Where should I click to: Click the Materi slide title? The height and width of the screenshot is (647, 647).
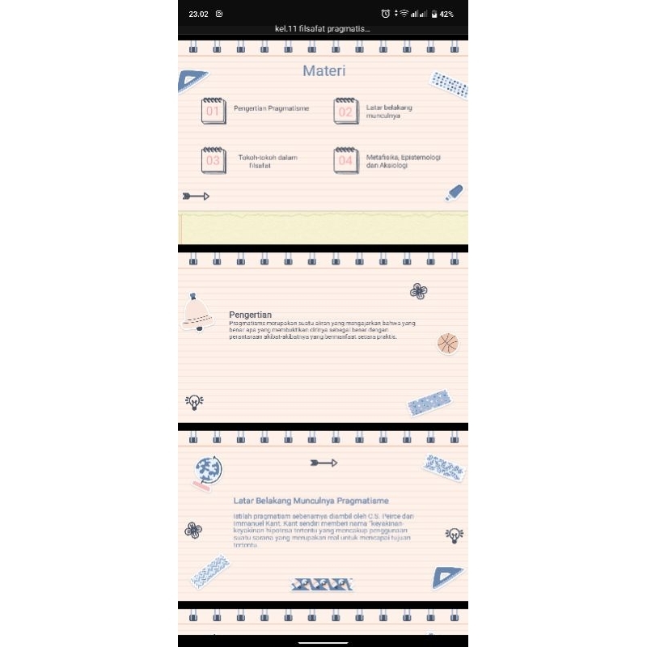pyautogui.click(x=324, y=71)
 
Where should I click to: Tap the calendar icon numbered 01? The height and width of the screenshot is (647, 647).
pyautogui.click(x=213, y=111)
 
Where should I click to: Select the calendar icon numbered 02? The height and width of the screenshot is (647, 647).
pyautogui.click(x=345, y=111)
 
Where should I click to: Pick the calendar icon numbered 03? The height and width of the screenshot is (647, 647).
pyautogui.click(x=213, y=160)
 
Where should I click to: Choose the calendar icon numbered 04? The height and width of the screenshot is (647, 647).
pyautogui.click(x=345, y=160)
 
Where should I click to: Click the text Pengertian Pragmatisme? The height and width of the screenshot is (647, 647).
pyautogui.click(x=271, y=108)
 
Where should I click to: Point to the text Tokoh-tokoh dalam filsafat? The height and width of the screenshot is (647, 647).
pyautogui.click(x=268, y=161)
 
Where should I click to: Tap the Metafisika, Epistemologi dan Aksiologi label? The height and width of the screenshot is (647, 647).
pyautogui.click(x=403, y=161)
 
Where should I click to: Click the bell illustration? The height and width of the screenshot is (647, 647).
pyautogui.click(x=197, y=313)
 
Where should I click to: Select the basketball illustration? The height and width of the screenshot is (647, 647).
pyautogui.click(x=447, y=344)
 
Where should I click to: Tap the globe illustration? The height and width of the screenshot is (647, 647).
pyautogui.click(x=208, y=472)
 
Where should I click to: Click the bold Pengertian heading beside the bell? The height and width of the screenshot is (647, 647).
pyautogui.click(x=250, y=315)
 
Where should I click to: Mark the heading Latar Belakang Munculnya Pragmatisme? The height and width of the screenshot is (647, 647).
pyautogui.click(x=311, y=501)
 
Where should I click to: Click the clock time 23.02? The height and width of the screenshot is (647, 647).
pyautogui.click(x=198, y=14)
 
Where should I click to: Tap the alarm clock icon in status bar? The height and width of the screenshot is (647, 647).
pyautogui.click(x=386, y=14)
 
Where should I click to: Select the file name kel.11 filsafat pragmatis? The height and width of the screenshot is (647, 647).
pyautogui.click(x=322, y=29)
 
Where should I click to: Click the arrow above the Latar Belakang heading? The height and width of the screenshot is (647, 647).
pyautogui.click(x=323, y=463)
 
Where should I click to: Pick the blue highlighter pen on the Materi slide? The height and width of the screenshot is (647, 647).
pyautogui.click(x=454, y=192)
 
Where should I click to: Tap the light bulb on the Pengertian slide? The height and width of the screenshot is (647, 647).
pyautogui.click(x=194, y=401)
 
